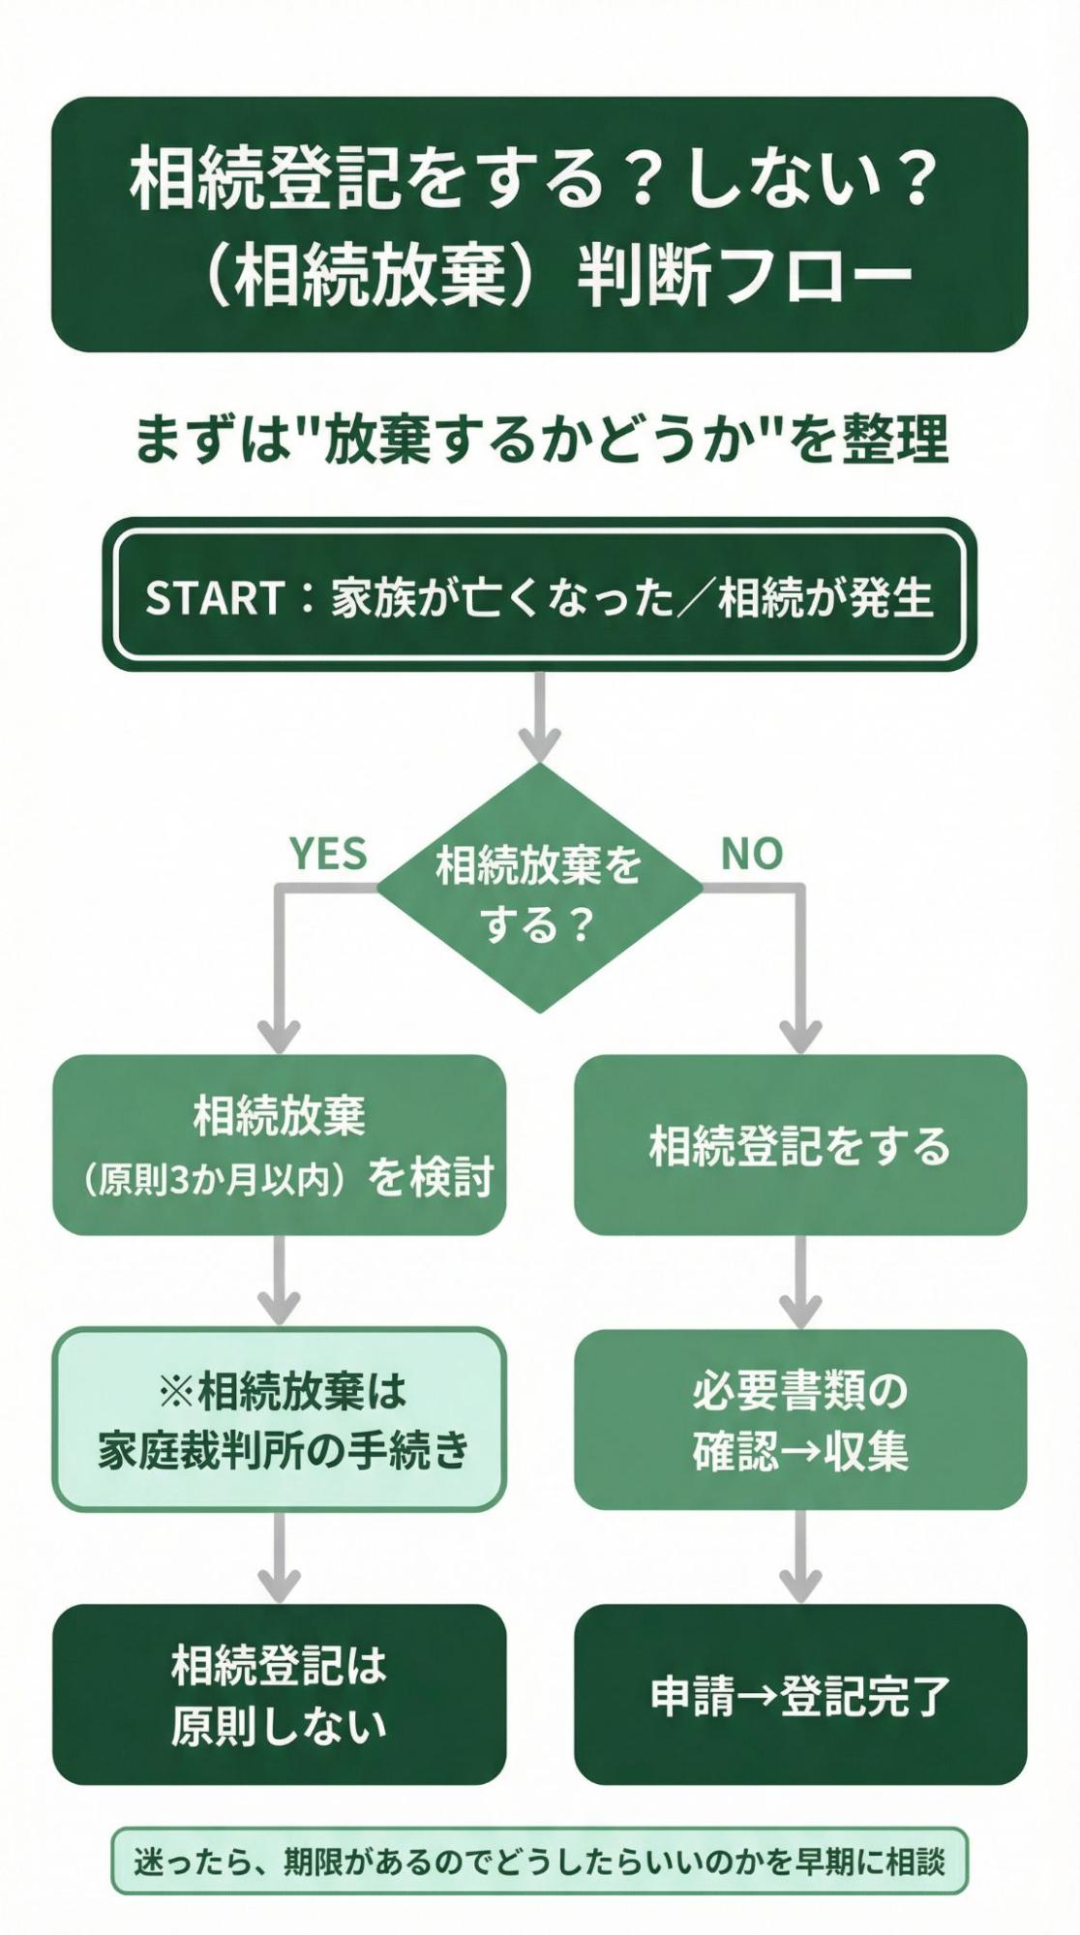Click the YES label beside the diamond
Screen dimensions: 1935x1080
click(328, 854)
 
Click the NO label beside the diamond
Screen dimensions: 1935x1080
click(751, 854)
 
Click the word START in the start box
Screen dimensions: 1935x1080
click(214, 598)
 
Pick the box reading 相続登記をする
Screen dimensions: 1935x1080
click(799, 1145)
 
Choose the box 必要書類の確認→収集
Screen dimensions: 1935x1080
click(799, 1420)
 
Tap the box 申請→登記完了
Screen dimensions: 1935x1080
click(799, 1695)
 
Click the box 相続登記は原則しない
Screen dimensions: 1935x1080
click(279, 1695)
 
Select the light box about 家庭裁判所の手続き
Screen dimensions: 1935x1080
click(279, 1420)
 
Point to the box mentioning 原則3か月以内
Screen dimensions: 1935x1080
click(279, 1145)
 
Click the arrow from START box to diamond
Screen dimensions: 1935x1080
click(539, 716)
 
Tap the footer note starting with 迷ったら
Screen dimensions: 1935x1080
click(539, 1860)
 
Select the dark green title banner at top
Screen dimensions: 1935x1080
click(539, 225)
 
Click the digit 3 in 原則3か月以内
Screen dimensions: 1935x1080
click(181, 1180)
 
